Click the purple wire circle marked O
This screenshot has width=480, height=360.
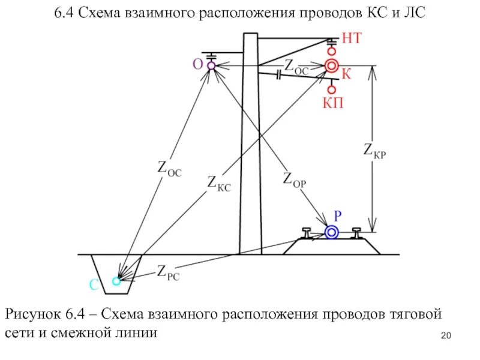click(x=211, y=66)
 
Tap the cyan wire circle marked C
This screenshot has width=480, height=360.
click(x=116, y=280)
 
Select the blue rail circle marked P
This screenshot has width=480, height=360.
click(x=331, y=232)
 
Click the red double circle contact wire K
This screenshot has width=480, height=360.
click(x=332, y=66)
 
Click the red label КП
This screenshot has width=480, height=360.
click(x=333, y=103)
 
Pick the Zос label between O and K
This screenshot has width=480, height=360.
click(x=296, y=66)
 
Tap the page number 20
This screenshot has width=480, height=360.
click(x=445, y=335)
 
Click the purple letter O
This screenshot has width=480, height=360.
click(x=197, y=63)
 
